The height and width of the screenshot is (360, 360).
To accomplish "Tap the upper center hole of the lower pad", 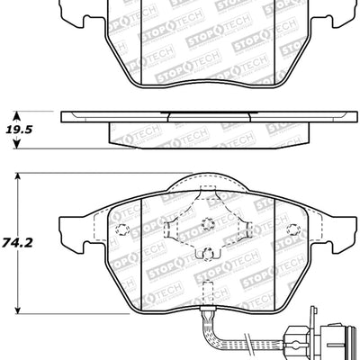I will [206, 224].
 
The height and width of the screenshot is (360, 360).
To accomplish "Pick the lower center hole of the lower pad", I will [206, 256].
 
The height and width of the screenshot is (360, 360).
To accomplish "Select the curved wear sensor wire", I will [238, 337].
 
